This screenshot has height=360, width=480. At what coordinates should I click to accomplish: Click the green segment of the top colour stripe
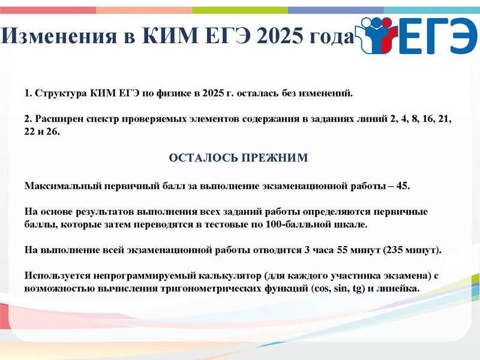point(240,10)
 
